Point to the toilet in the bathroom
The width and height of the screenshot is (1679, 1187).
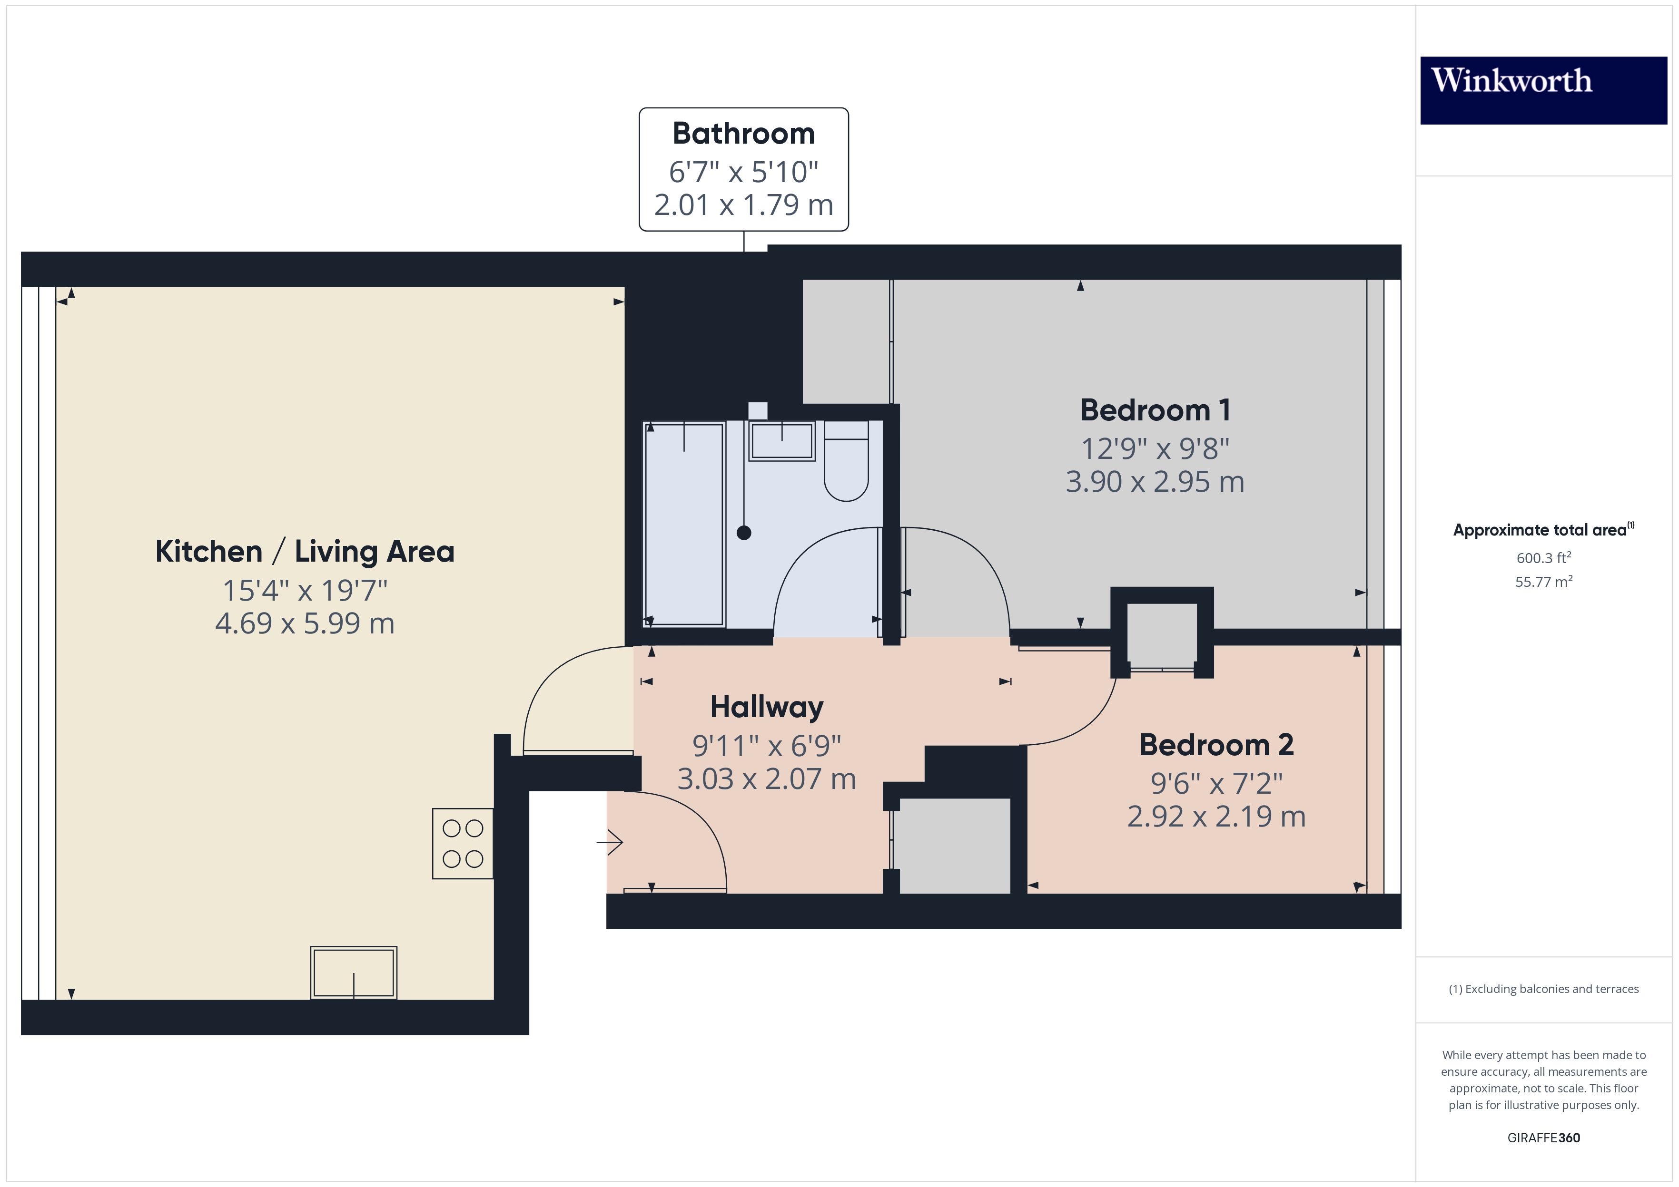click(846, 468)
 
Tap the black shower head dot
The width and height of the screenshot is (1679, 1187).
click(744, 533)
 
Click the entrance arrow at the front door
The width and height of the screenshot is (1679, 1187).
click(610, 842)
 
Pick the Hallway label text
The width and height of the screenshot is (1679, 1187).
click(766, 707)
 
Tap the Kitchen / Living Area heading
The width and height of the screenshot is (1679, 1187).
click(305, 552)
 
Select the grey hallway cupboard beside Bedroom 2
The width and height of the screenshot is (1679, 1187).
click(954, 845)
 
